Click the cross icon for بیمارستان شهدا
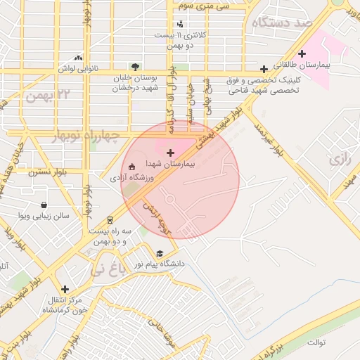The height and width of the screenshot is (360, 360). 169,152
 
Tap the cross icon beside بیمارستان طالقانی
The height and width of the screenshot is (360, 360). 302,53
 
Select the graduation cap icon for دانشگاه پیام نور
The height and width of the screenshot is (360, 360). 160,254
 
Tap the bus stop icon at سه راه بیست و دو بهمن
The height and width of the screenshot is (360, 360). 109,220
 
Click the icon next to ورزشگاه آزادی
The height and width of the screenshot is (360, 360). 131,167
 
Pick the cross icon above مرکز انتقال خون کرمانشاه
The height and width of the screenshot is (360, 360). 65,289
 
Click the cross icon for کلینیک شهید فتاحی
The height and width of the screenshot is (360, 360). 264,69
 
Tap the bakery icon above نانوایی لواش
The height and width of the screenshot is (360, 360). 78,58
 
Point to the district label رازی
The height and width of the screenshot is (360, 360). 340,159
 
